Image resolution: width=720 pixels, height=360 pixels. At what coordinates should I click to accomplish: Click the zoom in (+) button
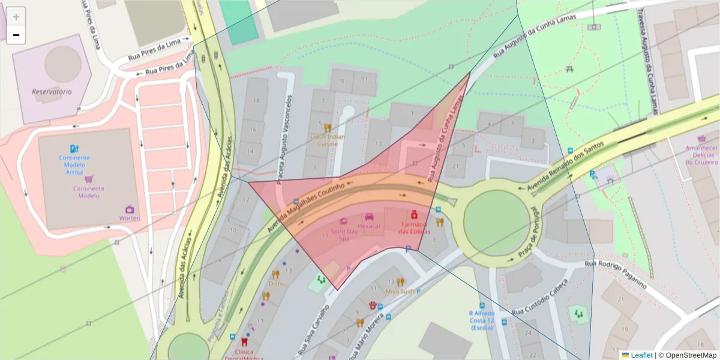click(16, 17)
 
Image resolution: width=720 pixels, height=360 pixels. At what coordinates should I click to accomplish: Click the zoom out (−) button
click(16, 35)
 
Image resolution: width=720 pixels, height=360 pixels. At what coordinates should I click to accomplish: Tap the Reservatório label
click(52, 92)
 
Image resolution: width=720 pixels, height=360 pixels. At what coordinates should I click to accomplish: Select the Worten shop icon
click(129, 209)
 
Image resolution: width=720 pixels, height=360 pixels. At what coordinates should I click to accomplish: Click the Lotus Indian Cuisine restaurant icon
click(328, 128)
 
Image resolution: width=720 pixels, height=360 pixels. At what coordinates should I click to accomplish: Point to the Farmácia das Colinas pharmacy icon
click(414, 214)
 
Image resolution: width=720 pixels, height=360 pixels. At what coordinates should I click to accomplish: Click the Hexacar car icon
click(370, 217)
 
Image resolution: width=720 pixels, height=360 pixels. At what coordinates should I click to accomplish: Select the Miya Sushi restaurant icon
click(400, 281)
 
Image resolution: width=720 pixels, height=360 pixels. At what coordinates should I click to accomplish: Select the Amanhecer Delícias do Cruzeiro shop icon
click(703, 137)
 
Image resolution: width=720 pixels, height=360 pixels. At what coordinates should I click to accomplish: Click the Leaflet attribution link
click(641, 355)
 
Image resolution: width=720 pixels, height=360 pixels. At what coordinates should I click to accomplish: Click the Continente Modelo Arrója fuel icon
click(74, 148)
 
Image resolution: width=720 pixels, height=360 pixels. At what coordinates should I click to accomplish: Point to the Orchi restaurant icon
click(275, 274)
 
